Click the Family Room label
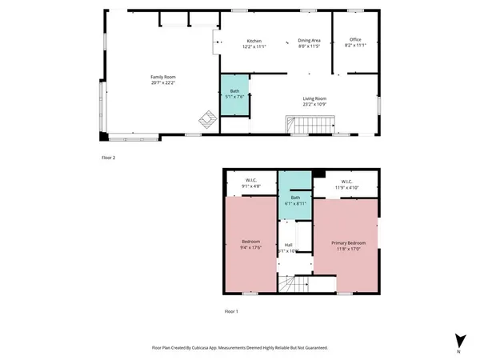pos(163,76)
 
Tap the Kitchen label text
pos(254,40)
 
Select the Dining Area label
pos(309,40)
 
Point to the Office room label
pos(354,40)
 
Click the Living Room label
pos(314,98)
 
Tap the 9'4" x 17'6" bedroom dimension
pos(252,248)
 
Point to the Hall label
pos(288,245)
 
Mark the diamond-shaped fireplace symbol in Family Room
pos(207,118)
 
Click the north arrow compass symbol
pos(458,340)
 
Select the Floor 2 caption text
pos(108,158)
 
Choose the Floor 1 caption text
pos(231,311)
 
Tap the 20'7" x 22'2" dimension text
pos(163,82)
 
